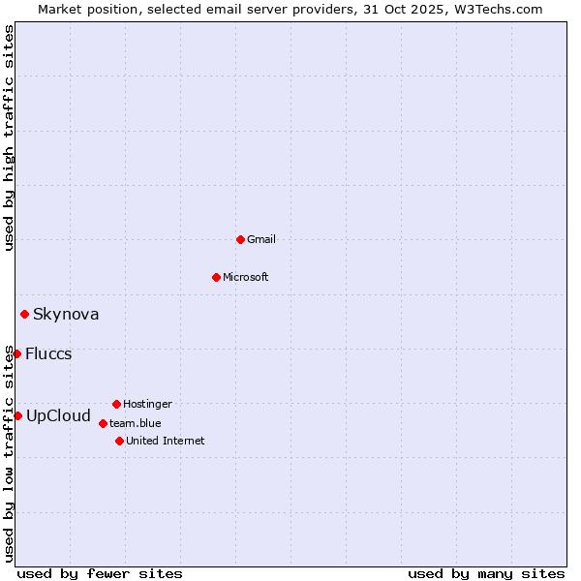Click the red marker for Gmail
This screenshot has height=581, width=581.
pos(240,239)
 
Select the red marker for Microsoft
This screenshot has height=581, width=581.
pos(216,277)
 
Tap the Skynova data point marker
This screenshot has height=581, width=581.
pos(24,314)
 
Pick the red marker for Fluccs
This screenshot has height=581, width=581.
pos(16,353)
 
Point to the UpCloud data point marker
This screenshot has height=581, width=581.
pos(17,415)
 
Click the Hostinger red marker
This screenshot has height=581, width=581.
pos(116,404)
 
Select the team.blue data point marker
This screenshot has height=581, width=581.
pos(103,423)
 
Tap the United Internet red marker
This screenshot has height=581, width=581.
pos(119,441)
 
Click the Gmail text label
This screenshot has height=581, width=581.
pos(261,239)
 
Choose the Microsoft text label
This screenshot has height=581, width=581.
pos(246,277)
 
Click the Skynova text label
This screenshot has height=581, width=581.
pos(66,314)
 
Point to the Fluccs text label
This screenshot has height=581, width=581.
pos(48,353)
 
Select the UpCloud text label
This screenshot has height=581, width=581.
pos(58,416)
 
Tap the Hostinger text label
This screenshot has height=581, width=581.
pos(147,404)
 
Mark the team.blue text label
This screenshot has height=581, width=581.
pos(136,423)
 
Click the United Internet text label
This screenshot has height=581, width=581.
pos(166,441)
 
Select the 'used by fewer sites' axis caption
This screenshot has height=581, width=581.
pos(100,573)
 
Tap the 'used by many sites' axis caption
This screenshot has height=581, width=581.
pos(486,573)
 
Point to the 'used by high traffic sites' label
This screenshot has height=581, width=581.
pos(9,138)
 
